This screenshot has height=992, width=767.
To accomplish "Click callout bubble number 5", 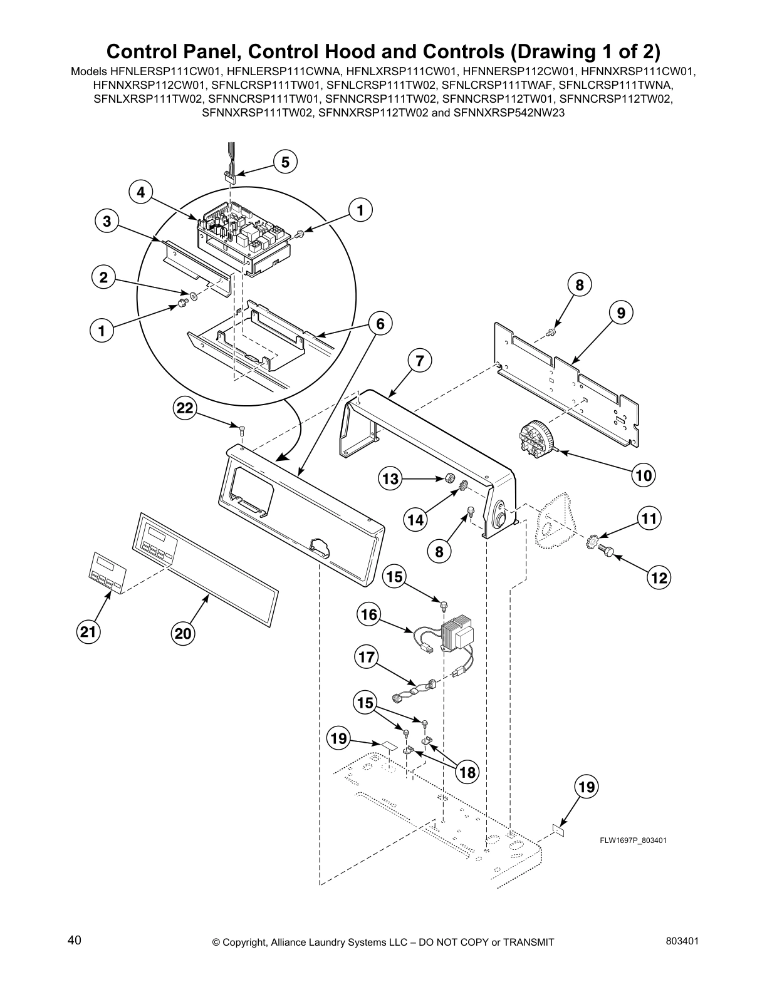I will (285, 162).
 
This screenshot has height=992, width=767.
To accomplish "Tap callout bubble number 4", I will (141, 192).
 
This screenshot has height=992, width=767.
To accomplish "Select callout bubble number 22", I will (185, 408).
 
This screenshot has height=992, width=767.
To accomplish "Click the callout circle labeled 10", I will (644, 475).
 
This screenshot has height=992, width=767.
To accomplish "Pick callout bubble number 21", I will (87, 633).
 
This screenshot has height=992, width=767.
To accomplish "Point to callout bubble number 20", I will (182, 634).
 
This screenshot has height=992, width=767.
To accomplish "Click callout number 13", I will (390, 479).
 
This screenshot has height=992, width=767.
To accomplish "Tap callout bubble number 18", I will (467, 772).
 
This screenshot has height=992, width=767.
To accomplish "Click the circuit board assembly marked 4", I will (244, 235).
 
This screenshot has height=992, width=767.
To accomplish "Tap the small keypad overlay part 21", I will (106, 572).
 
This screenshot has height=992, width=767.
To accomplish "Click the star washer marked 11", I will (592, 541).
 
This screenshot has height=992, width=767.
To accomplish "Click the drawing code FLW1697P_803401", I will (632, 840).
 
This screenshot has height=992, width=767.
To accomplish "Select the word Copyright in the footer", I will (246, 942).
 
